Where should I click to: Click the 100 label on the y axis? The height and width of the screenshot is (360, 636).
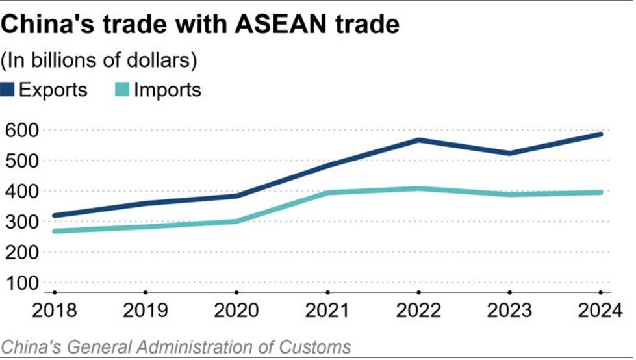coord(21,283)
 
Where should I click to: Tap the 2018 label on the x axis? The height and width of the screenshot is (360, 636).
coord(55,311)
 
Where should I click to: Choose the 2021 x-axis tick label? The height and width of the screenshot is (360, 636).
coord(328,311)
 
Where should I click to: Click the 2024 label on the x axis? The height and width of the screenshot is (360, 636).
coord(602,311)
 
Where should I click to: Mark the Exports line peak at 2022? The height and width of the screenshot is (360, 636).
coord(420,140)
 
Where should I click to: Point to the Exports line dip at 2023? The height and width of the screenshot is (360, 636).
coord(511,153)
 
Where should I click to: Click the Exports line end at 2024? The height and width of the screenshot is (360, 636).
coord(602,134)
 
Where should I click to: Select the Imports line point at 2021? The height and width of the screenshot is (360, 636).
coord(328,192)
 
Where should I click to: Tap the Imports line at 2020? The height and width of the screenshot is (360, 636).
coord(237,221)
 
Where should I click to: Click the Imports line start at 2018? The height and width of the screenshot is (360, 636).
coord(55,231)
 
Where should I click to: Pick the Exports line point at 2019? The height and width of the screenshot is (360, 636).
coord(146,203)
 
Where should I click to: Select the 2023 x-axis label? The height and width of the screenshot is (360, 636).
coord(511,311)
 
